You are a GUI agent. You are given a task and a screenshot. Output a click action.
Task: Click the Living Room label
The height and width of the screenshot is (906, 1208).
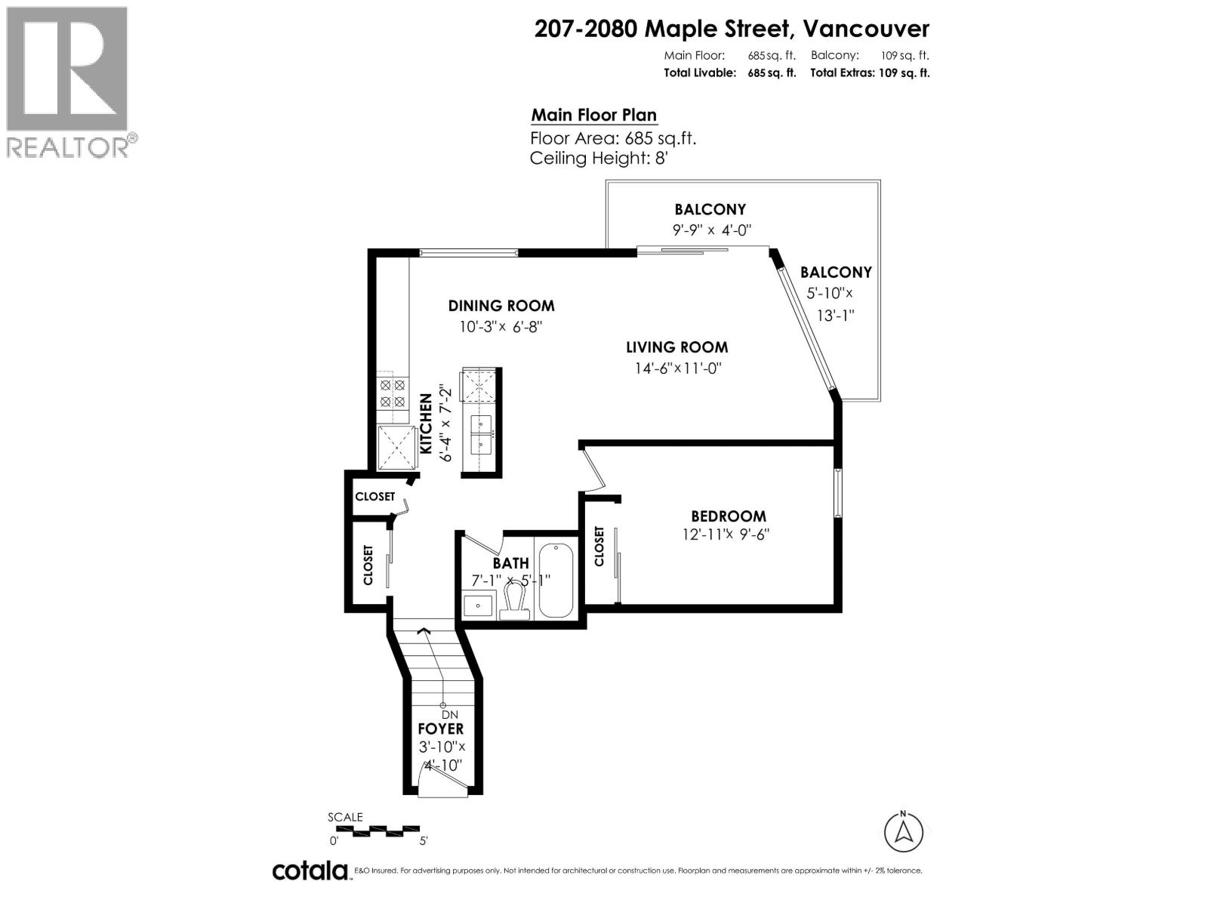click(x=676, y=347)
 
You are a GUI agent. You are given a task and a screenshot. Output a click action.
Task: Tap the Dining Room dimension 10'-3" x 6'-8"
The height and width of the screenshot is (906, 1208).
click(x=501, y=327)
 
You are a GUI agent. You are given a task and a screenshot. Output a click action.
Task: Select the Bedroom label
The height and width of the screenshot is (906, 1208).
click(x=728, y=516)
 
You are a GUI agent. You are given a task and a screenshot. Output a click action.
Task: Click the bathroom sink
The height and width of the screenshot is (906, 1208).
click(x=477, y=605)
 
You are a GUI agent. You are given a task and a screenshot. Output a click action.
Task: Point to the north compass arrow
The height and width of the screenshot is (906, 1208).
click(x=903, y=832)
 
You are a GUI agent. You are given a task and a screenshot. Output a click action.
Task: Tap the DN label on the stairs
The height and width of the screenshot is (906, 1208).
click(x=450, y=715)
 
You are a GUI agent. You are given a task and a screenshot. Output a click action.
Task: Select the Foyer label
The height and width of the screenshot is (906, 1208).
click(x=441, y=729)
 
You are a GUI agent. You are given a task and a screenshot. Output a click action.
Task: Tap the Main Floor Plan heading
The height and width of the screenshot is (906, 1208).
click(x=593, y=116)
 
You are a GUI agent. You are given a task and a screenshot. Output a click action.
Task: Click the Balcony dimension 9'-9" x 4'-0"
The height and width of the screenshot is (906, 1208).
click(x=711, y=230)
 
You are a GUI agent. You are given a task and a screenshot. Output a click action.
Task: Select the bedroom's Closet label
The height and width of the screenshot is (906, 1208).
click(x=600, y=547)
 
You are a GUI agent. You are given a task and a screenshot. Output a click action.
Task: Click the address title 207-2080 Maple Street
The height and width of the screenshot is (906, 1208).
click(x=731, y=29)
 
